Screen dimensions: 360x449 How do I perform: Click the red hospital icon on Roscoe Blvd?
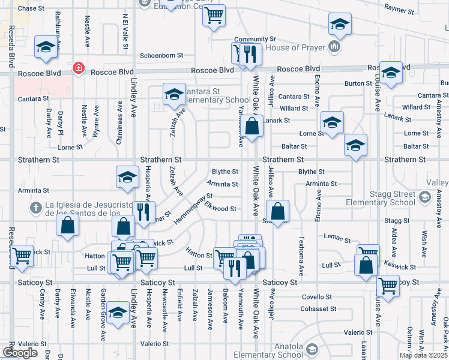click(x=78, y=69)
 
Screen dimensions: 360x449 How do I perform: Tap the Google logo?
click(x=20, y=353)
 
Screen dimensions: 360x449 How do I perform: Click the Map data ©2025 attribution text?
click(x=423, y=355)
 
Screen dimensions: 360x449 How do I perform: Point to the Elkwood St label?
click(x=220, y=209)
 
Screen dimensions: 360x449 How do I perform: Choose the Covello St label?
click(x=317, y=297)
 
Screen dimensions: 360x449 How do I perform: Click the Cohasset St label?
click(x=319, y=309)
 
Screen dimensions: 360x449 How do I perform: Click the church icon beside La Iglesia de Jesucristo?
click(x=36, y=208)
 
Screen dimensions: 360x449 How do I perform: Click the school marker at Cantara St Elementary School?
click(x=174, y=95)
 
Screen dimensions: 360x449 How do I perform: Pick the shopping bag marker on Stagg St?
click(x=277, y=212)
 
